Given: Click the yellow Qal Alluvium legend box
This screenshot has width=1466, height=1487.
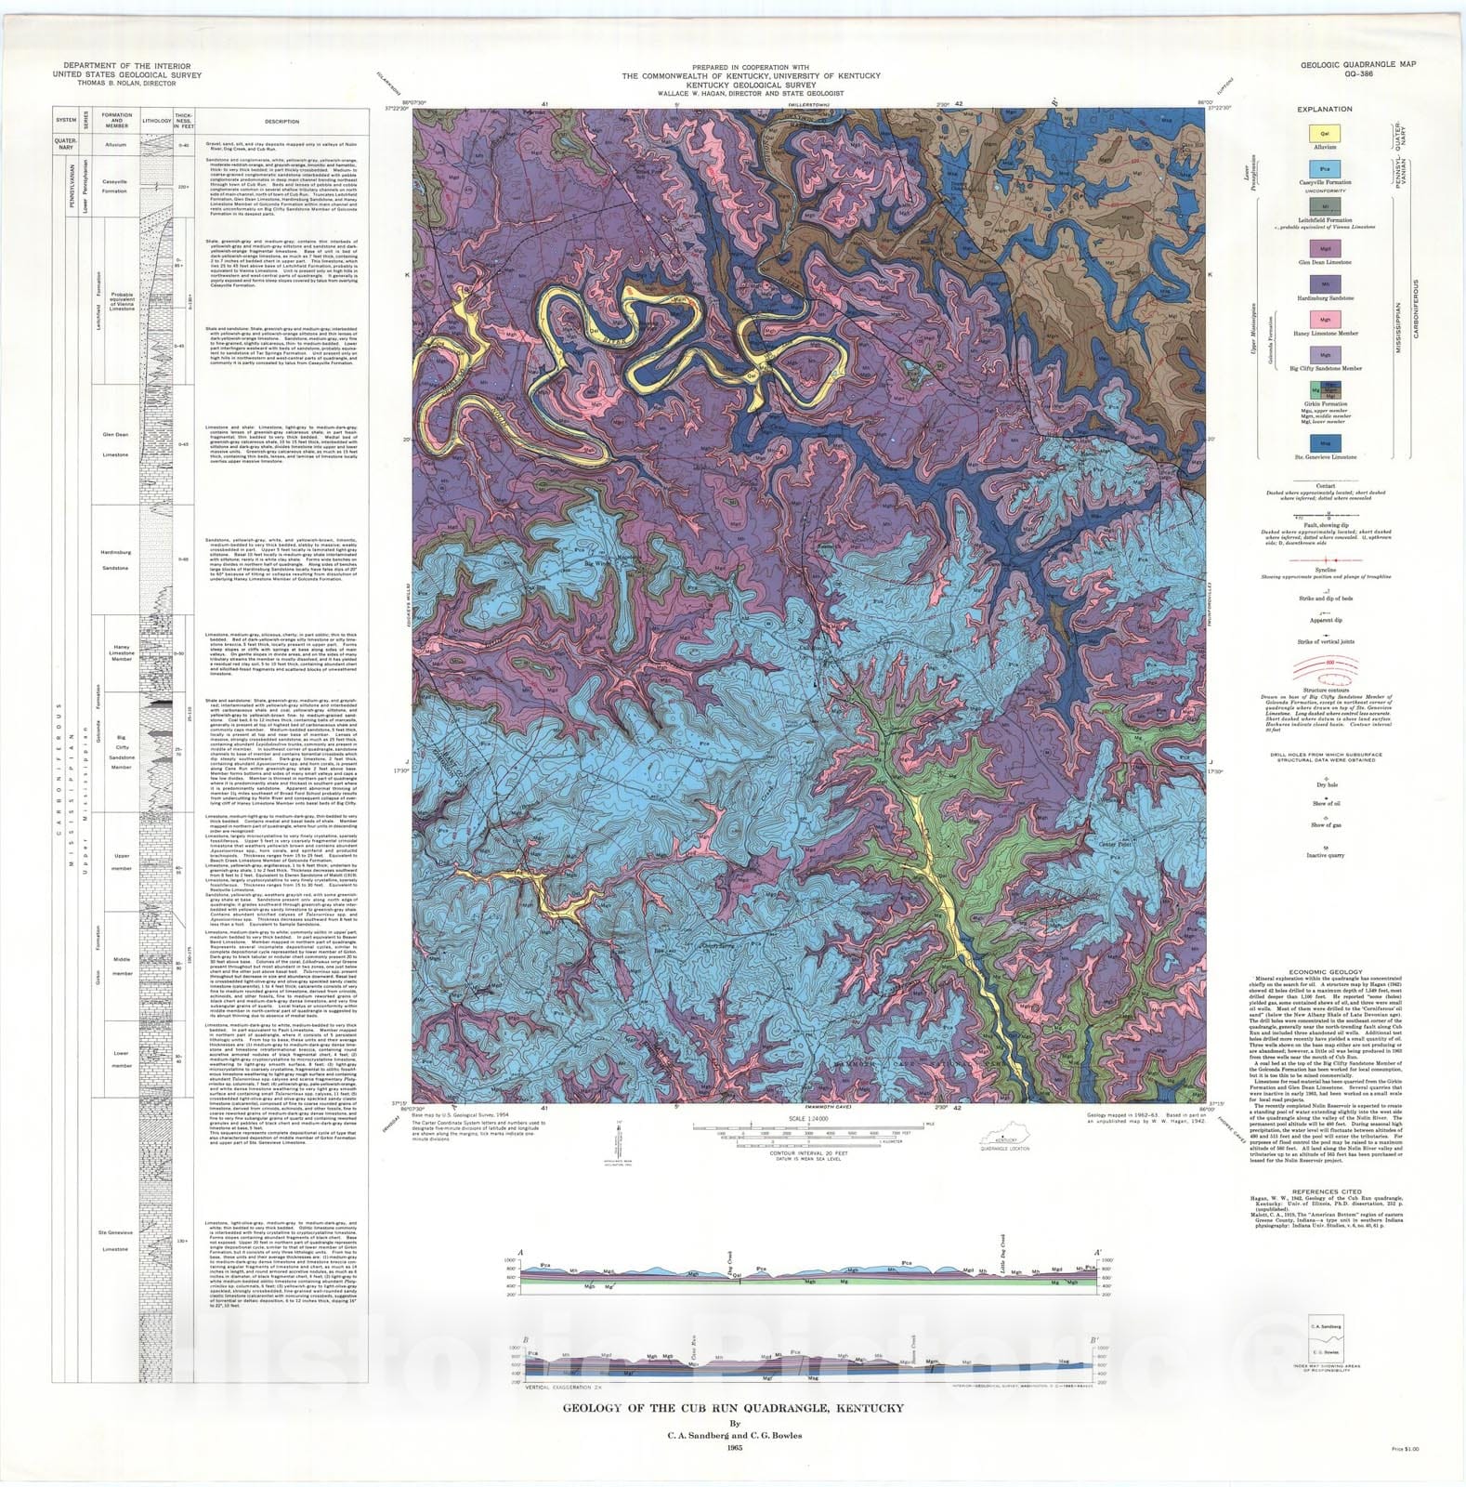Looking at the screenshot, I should point(1325,133).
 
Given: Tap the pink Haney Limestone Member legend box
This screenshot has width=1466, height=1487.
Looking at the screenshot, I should point(1325,319).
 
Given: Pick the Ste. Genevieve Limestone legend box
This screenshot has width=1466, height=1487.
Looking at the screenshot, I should point(1325,443).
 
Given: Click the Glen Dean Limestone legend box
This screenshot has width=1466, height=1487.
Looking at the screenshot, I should point(1325,248).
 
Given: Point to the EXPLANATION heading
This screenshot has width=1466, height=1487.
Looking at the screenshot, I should point(1325,109).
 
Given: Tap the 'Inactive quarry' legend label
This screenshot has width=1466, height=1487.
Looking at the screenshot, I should point(1325,856).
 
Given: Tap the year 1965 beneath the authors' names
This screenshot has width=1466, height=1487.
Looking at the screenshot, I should point(733,1449).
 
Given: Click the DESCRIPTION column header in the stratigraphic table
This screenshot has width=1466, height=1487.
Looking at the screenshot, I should point(281,121).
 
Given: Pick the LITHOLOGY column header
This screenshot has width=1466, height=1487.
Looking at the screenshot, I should point(156,121).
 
